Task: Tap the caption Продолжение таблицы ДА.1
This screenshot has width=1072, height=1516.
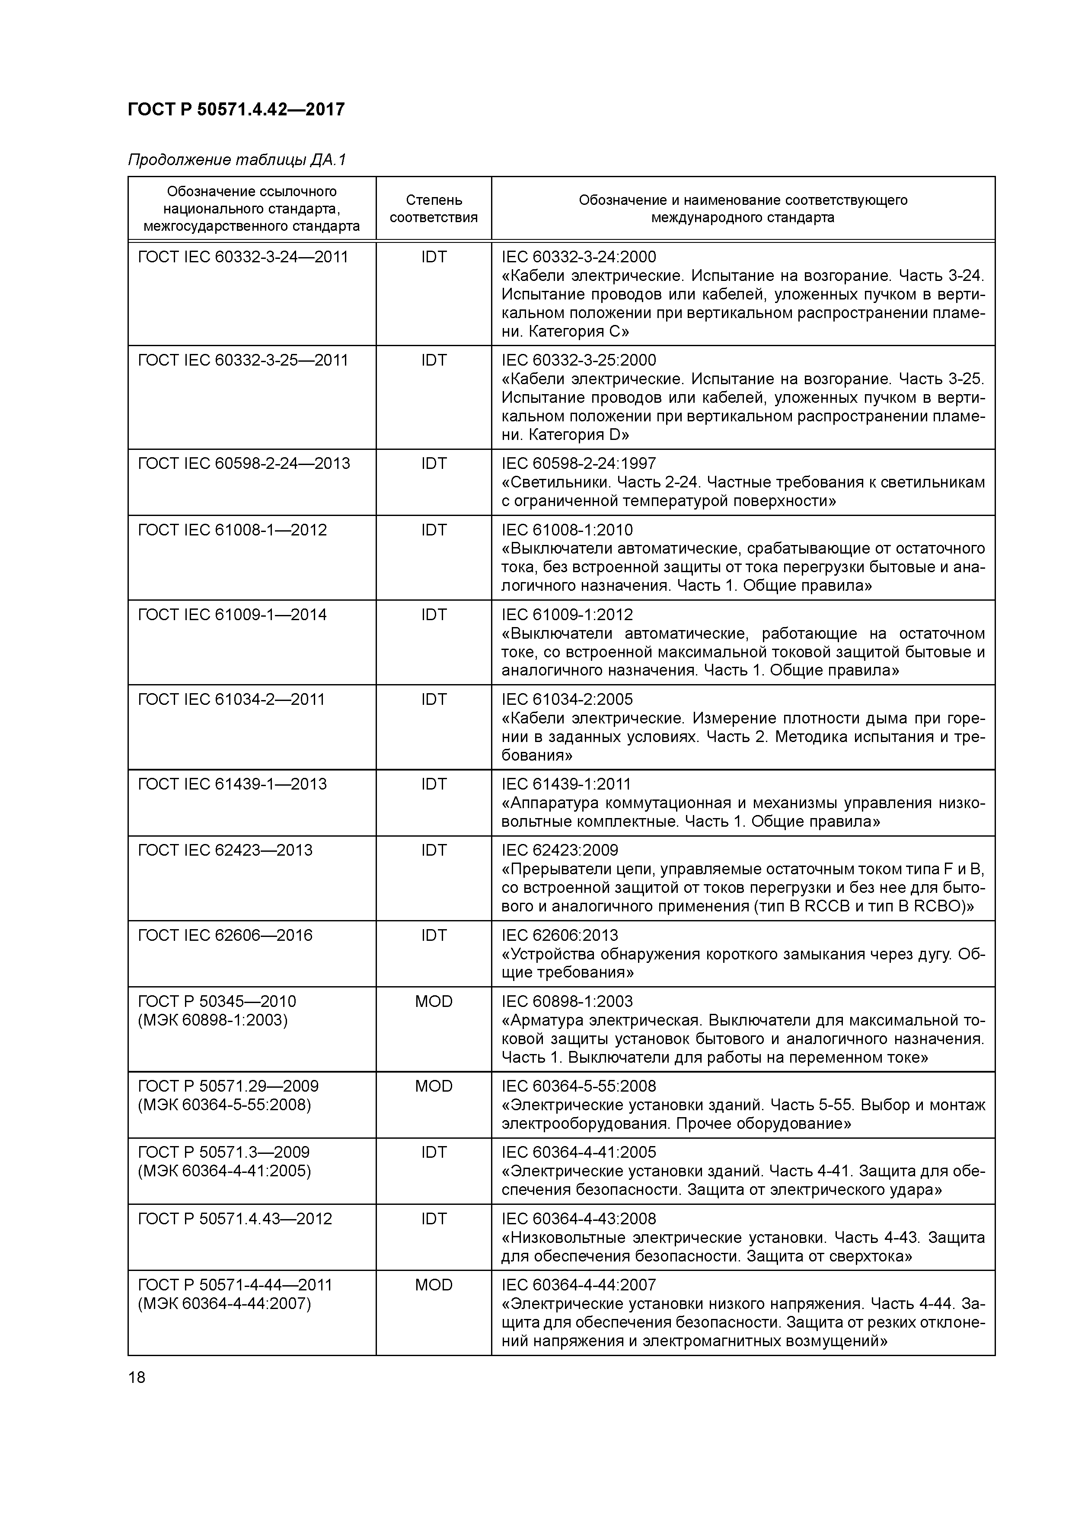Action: (x=236, y=160)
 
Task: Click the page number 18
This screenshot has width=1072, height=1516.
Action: (x=137, y=1377)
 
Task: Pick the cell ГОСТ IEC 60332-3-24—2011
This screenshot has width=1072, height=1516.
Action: (x=242, y=257)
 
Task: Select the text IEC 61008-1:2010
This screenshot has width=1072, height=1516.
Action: (x=567, y=530)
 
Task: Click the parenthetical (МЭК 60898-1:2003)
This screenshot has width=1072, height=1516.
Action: (x=213, y=1020)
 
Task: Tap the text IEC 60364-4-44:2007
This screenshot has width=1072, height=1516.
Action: (x=579, y=1285)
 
